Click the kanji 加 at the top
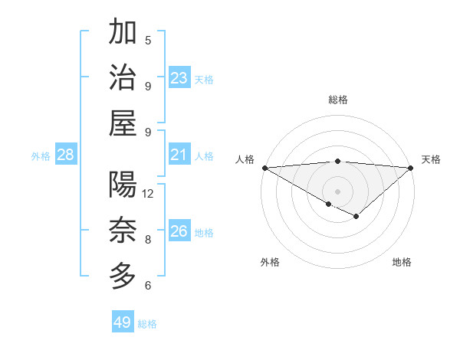[x=123, y=33]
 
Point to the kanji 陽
[x=123, y=185]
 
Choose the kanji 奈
[x=123, y=230]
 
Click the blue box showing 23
[x=179, y=78]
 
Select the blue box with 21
[x=179, y=155]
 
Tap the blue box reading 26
[x=179, y=231]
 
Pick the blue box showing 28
[x=65, y=155]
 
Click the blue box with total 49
[x=123, y=322]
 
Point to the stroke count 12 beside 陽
[x=149, y=194]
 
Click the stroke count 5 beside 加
[x=148, y=41]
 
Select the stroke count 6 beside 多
[x=148, y=286]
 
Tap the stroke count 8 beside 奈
[x=148, y=240]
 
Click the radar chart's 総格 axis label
[x=338, y=100]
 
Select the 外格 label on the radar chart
[x=270, y=262]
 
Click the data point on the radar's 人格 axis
[x=264, y=168]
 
